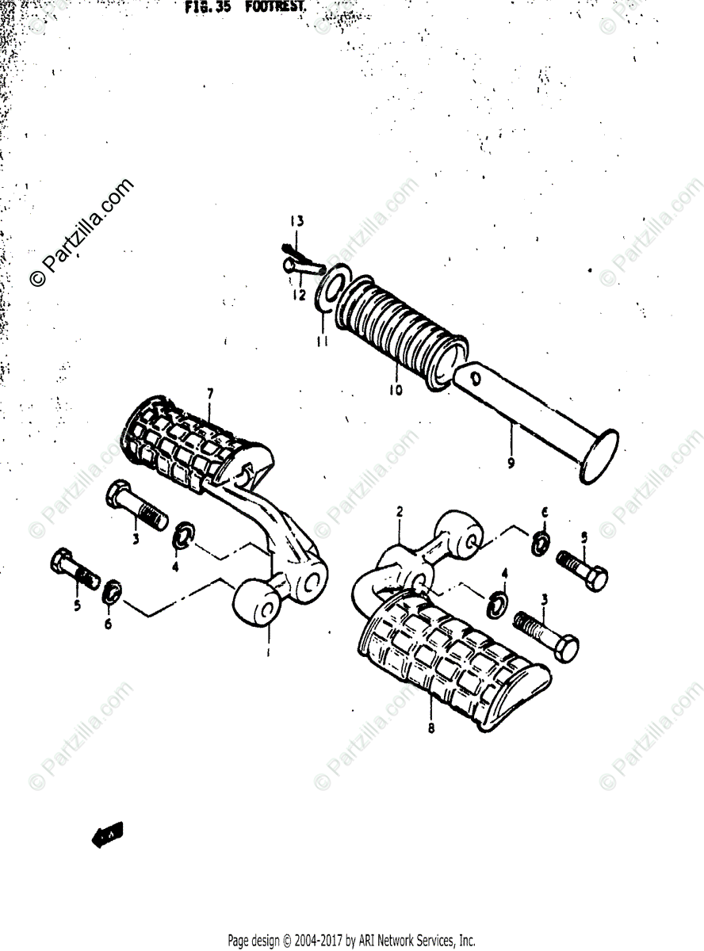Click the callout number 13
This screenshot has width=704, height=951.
pyautogui.click(x=296, y=221)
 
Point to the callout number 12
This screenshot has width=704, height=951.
pyautogui.click(x=297, y=295)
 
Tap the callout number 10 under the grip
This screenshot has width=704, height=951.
pyautogui.click(x=396, y=389)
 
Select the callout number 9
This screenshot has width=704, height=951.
pyautogui.click(x=511, y=461)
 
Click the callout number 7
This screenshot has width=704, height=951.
pyautogui.click(x=210, y=393)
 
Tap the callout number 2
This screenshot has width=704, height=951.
pyautogui.click(x=400, y=513)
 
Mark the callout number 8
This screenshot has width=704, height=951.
pyautogui.click(x=431, y=728)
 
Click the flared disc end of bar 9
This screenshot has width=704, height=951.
pyautogui.click(x=598, y=456)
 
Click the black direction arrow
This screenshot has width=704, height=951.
pyautogui.click(x=108, y=835)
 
